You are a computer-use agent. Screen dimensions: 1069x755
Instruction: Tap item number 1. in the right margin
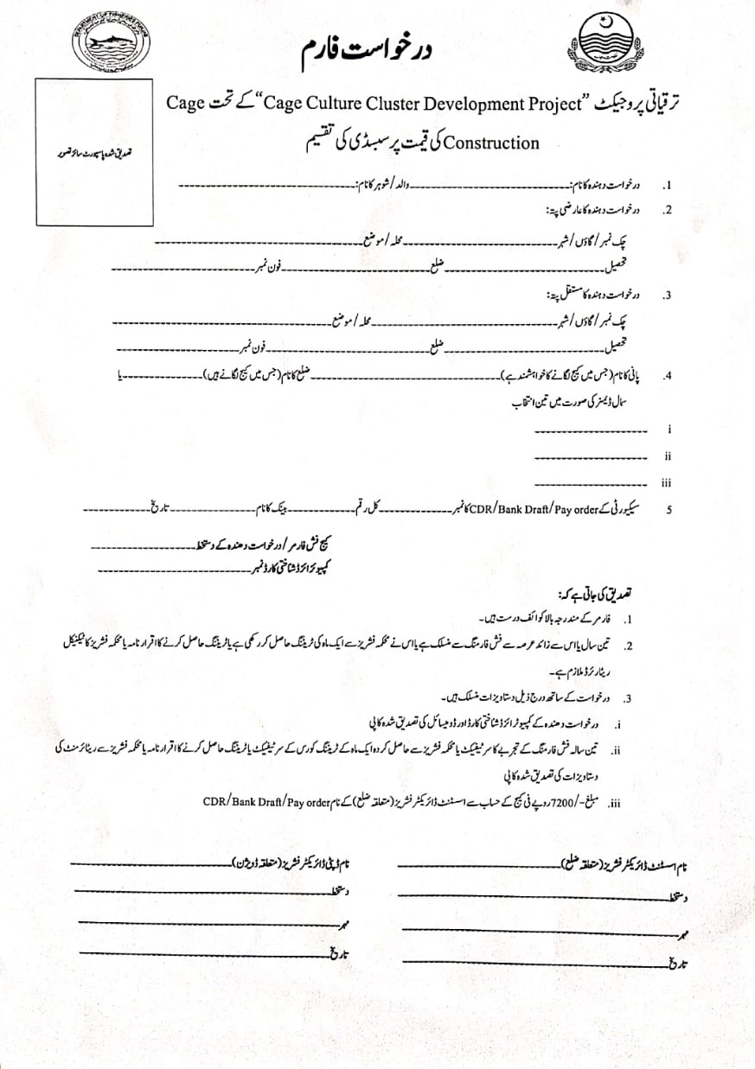pyautogui.click(x=667, y=186)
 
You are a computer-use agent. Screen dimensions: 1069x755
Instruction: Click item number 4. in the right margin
pyautogui.click(x=667, y=377)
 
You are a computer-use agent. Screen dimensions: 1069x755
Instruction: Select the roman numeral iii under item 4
pyautogui.click(x=667, y=484)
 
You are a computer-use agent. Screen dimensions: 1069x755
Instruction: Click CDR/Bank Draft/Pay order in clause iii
pyautogui.click(x=267, y=801)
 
